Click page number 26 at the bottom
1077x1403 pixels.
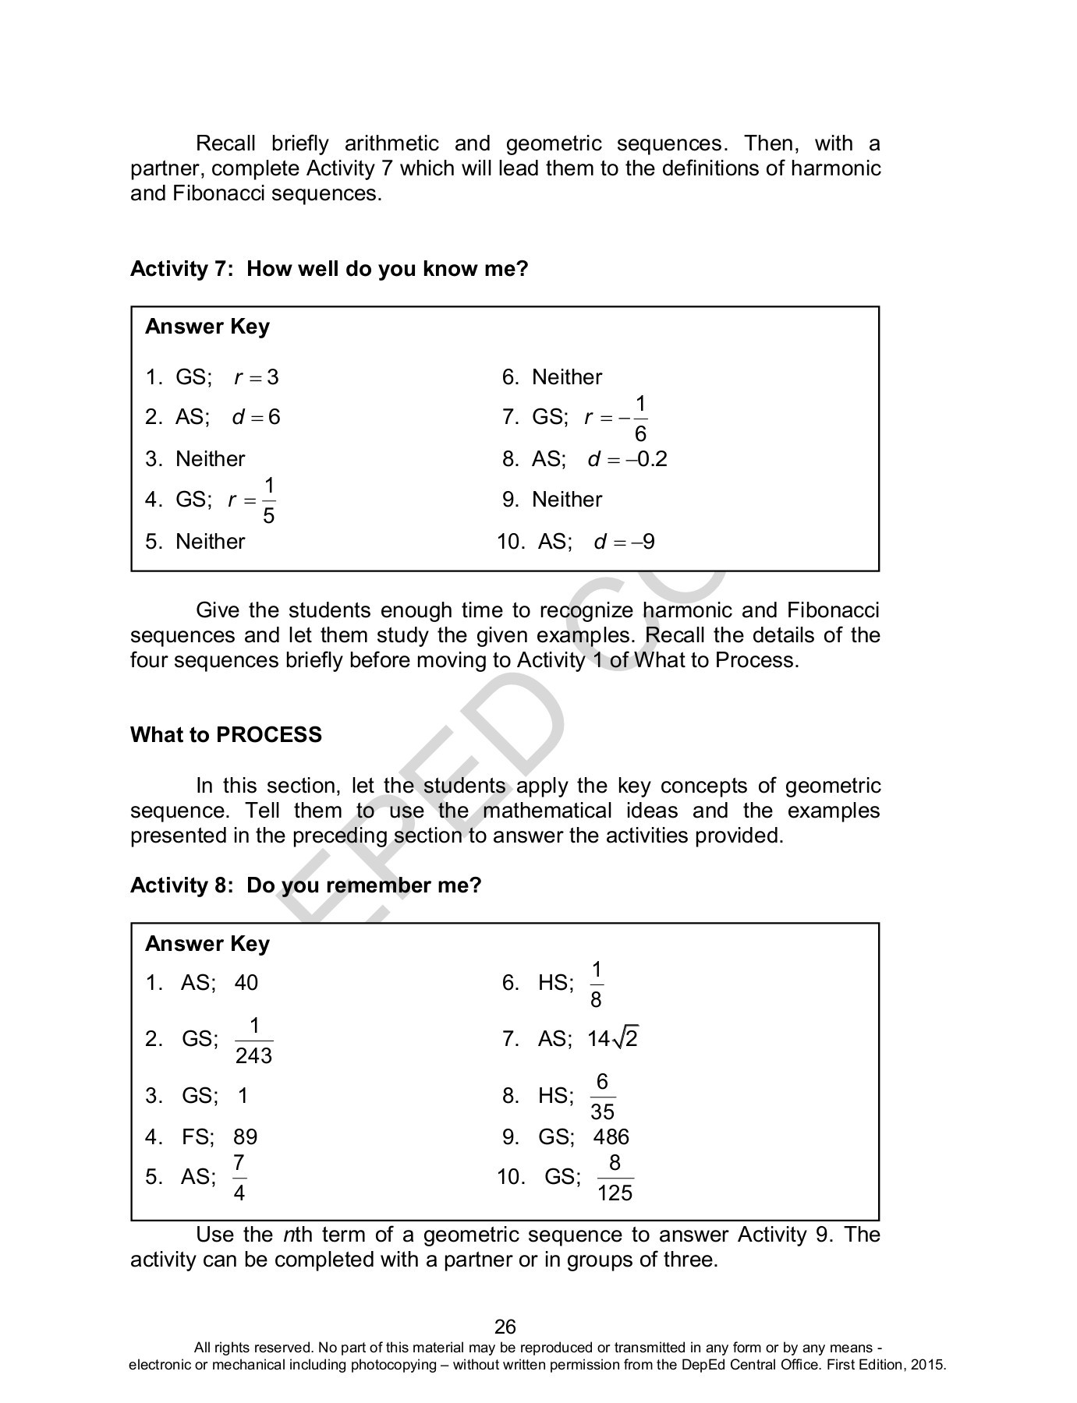coord(505,1327)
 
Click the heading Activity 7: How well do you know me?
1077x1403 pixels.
coord(329,269)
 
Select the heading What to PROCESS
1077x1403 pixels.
coord(226,735)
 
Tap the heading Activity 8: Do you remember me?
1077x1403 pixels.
coord(306,885)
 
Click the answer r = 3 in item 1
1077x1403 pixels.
coord(257,378)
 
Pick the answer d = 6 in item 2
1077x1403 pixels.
coord(256,417)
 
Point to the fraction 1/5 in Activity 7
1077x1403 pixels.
coord(268,500)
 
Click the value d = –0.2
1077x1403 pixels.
coord(628,459)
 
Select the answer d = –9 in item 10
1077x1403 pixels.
coord(624,542)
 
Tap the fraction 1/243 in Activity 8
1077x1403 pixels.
coord(253,1041)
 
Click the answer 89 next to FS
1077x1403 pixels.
coord(245,1136)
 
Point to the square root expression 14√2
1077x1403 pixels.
coord(613,1039)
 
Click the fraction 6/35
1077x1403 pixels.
coord(602,1097)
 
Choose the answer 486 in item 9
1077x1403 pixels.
coord(611,1136)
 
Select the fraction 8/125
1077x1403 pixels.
coord(615,1178)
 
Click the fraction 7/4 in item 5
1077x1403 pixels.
coord(239,1178)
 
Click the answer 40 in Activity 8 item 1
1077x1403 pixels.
coord(246,982)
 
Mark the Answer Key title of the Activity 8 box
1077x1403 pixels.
coord(207,944)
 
